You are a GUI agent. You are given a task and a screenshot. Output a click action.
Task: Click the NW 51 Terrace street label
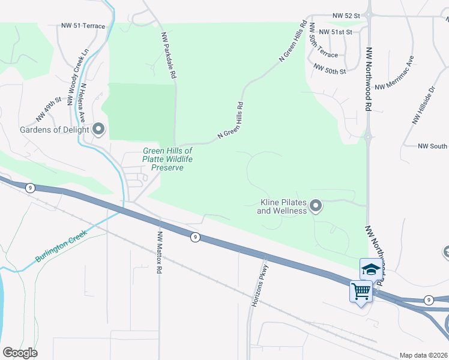pos(83,26)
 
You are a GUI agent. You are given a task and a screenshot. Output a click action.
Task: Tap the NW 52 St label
pos(348,17)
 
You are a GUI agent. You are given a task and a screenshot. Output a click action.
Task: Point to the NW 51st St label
pos(335,32)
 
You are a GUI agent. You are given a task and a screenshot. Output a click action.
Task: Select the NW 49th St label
pos(49,109)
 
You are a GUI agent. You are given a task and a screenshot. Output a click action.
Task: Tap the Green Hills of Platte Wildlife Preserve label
pos(167,159)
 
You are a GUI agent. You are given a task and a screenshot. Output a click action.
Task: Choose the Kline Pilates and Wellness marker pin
pos(316,207)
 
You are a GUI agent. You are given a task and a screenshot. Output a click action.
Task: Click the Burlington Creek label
pos(61,245)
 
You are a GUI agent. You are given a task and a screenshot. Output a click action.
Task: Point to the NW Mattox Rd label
pos(160,253)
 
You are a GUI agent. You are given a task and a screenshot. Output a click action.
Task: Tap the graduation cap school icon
pos(370,269)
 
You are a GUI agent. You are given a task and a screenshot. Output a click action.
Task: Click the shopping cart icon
pos(361,292)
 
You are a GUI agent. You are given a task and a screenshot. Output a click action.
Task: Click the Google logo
pos(20,353)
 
